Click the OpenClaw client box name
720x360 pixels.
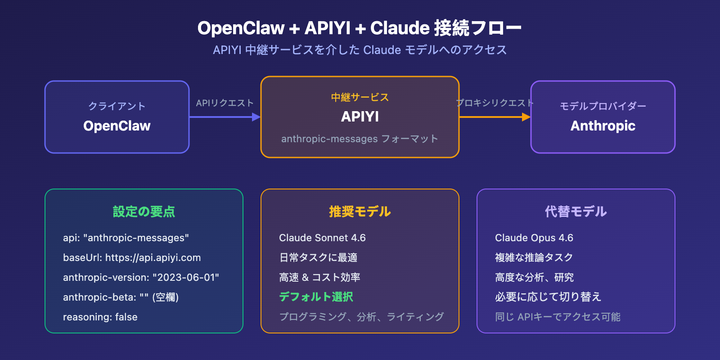(x=117, y=126)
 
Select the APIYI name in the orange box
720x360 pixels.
(x=360, y=117)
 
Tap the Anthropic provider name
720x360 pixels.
(x=603, y=126)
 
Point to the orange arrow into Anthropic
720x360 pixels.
(x=495, y=117)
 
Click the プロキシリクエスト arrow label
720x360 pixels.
(x=495, y=103)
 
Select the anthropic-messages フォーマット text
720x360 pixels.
(x=360, y=139)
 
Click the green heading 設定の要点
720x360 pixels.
(x=144, y=211)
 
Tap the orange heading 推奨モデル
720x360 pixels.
(x=360, y=211)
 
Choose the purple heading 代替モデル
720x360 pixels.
(x=576, y=211)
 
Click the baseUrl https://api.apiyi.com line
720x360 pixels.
(x=132, y=258)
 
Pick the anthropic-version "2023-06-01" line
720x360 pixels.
(x=141, y=278)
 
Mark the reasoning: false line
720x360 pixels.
(x=100, y=317)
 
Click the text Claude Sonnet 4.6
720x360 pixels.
(x=322, y=238)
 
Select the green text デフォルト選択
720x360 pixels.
(x=316, y=297)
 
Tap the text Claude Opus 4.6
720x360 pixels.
(x=534, y=238)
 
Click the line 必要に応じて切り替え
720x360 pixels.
(x=548, y=297)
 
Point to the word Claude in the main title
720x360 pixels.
(x=400, y=28)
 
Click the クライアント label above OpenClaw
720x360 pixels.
(x=117, y=106)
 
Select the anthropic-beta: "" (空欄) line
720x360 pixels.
(x=121, y=297)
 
